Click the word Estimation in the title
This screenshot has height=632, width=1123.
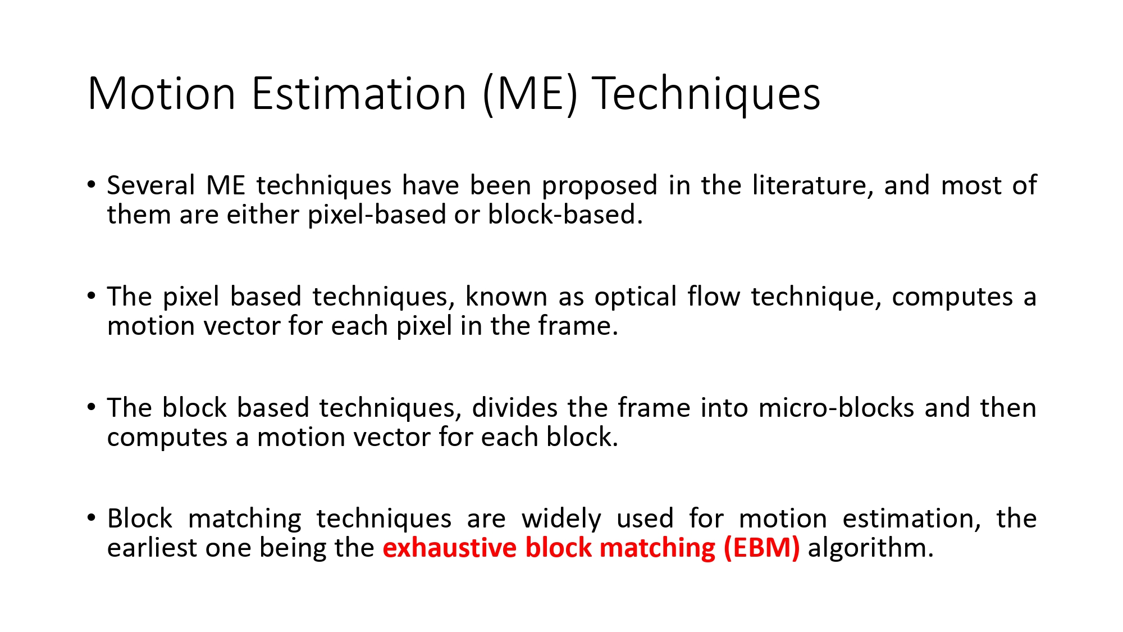(359, 94)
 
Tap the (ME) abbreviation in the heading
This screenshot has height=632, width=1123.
(529, 94)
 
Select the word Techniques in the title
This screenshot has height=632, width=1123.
(706, 94)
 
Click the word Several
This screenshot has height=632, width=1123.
(150, 186)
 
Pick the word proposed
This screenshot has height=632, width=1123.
(599, 186)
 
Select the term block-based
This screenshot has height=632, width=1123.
(565, 215)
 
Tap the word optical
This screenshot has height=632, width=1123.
(636, 297)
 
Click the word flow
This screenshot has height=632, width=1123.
(714, 297)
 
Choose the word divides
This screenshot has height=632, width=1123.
(514, 408)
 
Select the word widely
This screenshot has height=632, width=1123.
(561, 519)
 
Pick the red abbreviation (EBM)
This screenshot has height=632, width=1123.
(761, 548)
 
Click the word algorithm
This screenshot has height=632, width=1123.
(870, 548)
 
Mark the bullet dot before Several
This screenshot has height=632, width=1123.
(92, 184)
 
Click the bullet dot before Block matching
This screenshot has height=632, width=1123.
(92, 517)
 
